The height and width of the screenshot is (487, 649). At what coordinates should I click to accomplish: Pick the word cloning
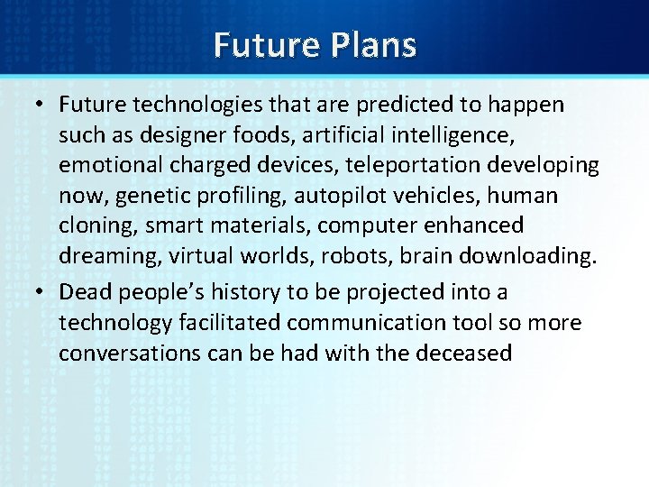click(92, 225)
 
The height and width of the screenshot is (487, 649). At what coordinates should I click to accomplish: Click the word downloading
click(526, 256)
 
